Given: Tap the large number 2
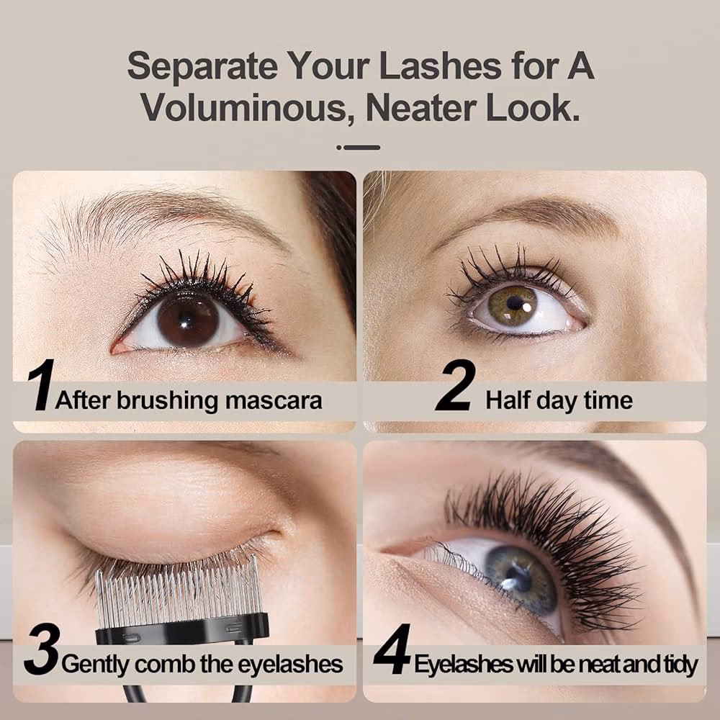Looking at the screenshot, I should (455, 387).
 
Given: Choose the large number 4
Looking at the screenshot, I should (392, 652).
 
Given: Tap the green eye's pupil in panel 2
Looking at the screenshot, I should (516, 302).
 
